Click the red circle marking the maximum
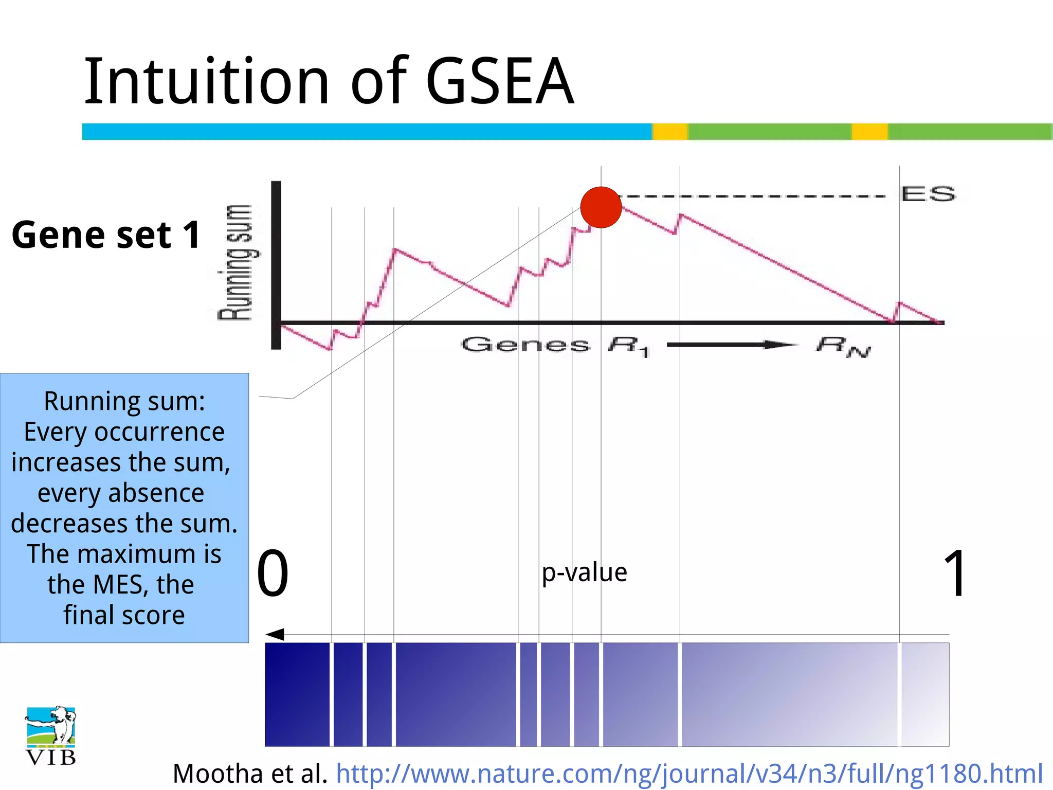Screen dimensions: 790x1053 click(x=601, y=207)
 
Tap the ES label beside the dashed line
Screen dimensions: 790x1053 click(x=928, y=194)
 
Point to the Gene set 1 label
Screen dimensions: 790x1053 click(x=106, y=235)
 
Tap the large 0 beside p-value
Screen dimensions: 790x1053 click(x=273, y=573)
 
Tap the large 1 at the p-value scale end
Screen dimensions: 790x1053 click(x=955, y=573)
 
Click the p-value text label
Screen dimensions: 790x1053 click(x=584, y=572)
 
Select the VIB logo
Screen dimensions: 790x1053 click(x=51, y=735)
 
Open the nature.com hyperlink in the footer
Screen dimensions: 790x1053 click(x=689, y=773)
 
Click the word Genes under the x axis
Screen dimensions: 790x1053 click(x=525, y=344)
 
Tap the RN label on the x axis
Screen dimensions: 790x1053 click(x=843, y=346)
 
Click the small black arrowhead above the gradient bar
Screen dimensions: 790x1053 click(x=275, y=634)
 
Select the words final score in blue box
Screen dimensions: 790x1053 click(x=124, y=615)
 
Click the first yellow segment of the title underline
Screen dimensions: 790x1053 click(x=670, y=132)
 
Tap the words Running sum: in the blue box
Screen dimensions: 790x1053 click(x=124, y=401)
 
